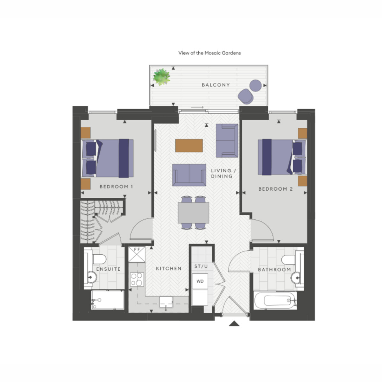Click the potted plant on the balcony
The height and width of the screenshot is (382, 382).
[x=162, y=77]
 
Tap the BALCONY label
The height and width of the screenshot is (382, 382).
[x=216, y=85]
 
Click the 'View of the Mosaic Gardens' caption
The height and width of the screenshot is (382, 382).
[x=209, y=53]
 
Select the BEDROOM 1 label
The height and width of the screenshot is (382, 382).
[x=116, y=187]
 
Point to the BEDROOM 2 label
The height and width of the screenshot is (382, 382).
[x=276, y=189]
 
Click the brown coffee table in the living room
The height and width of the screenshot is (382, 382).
[x=189, y=145]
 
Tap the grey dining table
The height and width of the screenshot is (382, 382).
[x=193, y=213]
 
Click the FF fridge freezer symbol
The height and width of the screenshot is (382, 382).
[x=137, y=254]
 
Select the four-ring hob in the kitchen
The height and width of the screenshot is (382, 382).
[x=137, y=279]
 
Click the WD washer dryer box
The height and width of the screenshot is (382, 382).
[x=200, y=281]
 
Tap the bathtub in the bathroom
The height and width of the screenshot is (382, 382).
[x=275, y=301]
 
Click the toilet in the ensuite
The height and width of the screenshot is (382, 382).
[x=98, y=259]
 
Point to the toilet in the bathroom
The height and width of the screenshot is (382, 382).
[x=288, y=260]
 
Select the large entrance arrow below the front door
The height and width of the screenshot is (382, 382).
[x=234, y=323]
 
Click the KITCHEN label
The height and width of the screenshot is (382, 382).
[x=169, y=269]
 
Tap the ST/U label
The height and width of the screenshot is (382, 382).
[x=201, y=266]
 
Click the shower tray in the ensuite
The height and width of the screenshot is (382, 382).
[x=108, y=300]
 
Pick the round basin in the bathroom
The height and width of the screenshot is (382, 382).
[x=296, y=278]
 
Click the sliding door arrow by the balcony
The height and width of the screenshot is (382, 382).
[x=197, y=107]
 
